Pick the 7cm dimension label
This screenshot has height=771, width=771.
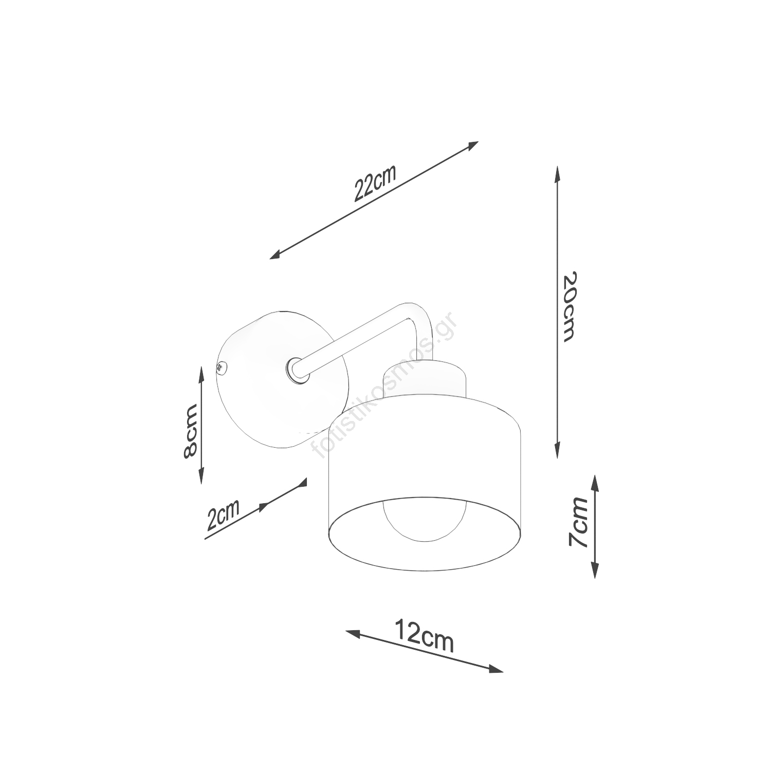578,522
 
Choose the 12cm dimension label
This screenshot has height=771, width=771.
424,636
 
